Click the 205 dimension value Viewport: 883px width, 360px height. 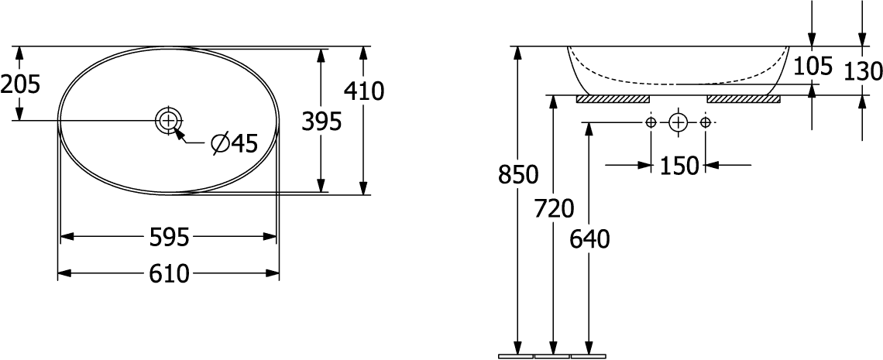[x=20, y=83]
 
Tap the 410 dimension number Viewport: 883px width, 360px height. [x=364, y=91]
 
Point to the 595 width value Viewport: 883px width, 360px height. [x=169, y=237]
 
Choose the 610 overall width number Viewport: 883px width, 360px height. [x=169, y=273]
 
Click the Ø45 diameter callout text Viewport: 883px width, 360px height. [x=234, y=143]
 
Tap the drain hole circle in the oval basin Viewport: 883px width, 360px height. [x=168, y=120]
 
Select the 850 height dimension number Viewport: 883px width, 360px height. [x=518, y=175]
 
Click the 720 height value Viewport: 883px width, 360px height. [x=554, y=208]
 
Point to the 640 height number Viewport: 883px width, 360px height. [x=590, y=239]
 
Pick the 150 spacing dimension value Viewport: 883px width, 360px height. [x=679, y=165]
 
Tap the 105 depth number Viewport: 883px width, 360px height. [x=813, y=66]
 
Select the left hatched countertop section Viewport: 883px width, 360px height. [x=612, y=99]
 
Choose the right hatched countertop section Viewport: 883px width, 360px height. [x=744, y=99]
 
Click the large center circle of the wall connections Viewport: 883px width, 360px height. [x=678, y=122]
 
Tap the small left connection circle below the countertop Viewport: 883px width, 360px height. [x=651, y=122]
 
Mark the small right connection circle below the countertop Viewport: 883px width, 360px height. [x=705, y=122]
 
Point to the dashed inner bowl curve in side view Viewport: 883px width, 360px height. [x=674, y=81]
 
